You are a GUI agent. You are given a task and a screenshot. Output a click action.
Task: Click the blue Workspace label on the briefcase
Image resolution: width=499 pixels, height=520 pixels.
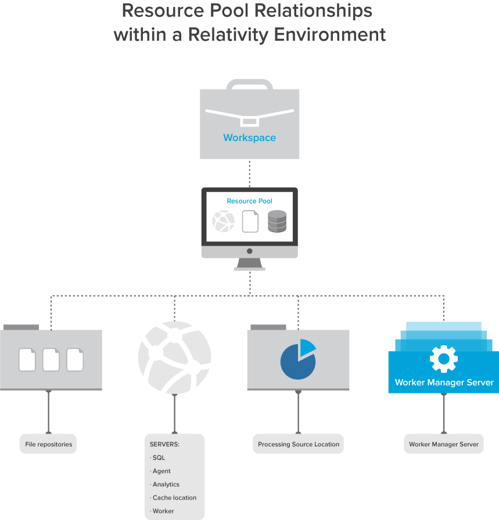pyautogui.click(x=249, y=138)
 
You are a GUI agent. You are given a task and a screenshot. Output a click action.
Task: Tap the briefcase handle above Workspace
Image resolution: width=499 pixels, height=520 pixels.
pyautogui.click(x=249, y=83)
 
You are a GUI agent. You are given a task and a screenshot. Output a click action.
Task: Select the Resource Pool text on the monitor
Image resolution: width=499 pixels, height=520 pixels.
pyautogui.click(x=249, y=201)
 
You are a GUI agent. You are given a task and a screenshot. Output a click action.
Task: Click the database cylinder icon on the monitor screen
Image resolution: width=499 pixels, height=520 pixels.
pyautogui.click(x=277, y=221)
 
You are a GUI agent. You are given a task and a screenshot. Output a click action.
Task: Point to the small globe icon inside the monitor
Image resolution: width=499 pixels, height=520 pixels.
pyautogui.click(x=224, y=221)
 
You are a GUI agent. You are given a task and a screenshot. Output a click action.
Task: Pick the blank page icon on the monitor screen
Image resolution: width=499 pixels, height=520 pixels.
pyautogui.click(x=250, y=221)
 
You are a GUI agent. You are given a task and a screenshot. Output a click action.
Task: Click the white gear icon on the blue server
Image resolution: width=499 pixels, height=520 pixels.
pyautogui.click(x=444, y=359)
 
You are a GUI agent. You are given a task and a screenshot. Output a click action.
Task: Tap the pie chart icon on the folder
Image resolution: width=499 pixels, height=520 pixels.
pyautogui.click(x=298, y=360)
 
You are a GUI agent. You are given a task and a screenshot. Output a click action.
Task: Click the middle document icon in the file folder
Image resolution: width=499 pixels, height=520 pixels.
pyautogui.click(x=51, y=359)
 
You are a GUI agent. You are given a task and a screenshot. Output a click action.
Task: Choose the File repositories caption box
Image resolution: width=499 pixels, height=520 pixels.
pyautogui.click(x=48, y=445)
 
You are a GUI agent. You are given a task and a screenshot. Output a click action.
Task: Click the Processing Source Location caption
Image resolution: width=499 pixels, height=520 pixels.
pyautogui.click(x=299, y=445)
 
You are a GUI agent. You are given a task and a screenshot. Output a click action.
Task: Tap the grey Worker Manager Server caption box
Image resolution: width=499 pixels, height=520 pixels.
pyautogui.click(x=444, y=445)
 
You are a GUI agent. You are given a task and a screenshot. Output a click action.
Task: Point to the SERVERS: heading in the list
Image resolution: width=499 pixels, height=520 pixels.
pyautogui.click(x=164, y=445)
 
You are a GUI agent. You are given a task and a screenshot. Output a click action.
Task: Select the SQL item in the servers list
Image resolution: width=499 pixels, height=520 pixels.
pyautogui.click(x=159, y=458)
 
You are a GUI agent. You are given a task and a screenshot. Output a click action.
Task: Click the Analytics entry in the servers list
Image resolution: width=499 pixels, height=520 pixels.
pyautogui.click(x=166, y=485)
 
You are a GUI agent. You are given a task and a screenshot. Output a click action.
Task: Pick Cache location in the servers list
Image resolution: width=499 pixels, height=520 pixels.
pyautogui.click(x=174, y=498)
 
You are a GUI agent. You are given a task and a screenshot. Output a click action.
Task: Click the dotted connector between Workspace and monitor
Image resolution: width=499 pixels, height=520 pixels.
pyautogui.click(x=250, y=173)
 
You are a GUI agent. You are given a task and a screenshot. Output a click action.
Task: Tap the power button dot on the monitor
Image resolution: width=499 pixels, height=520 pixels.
pyautogui.click(x=250, y=251)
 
